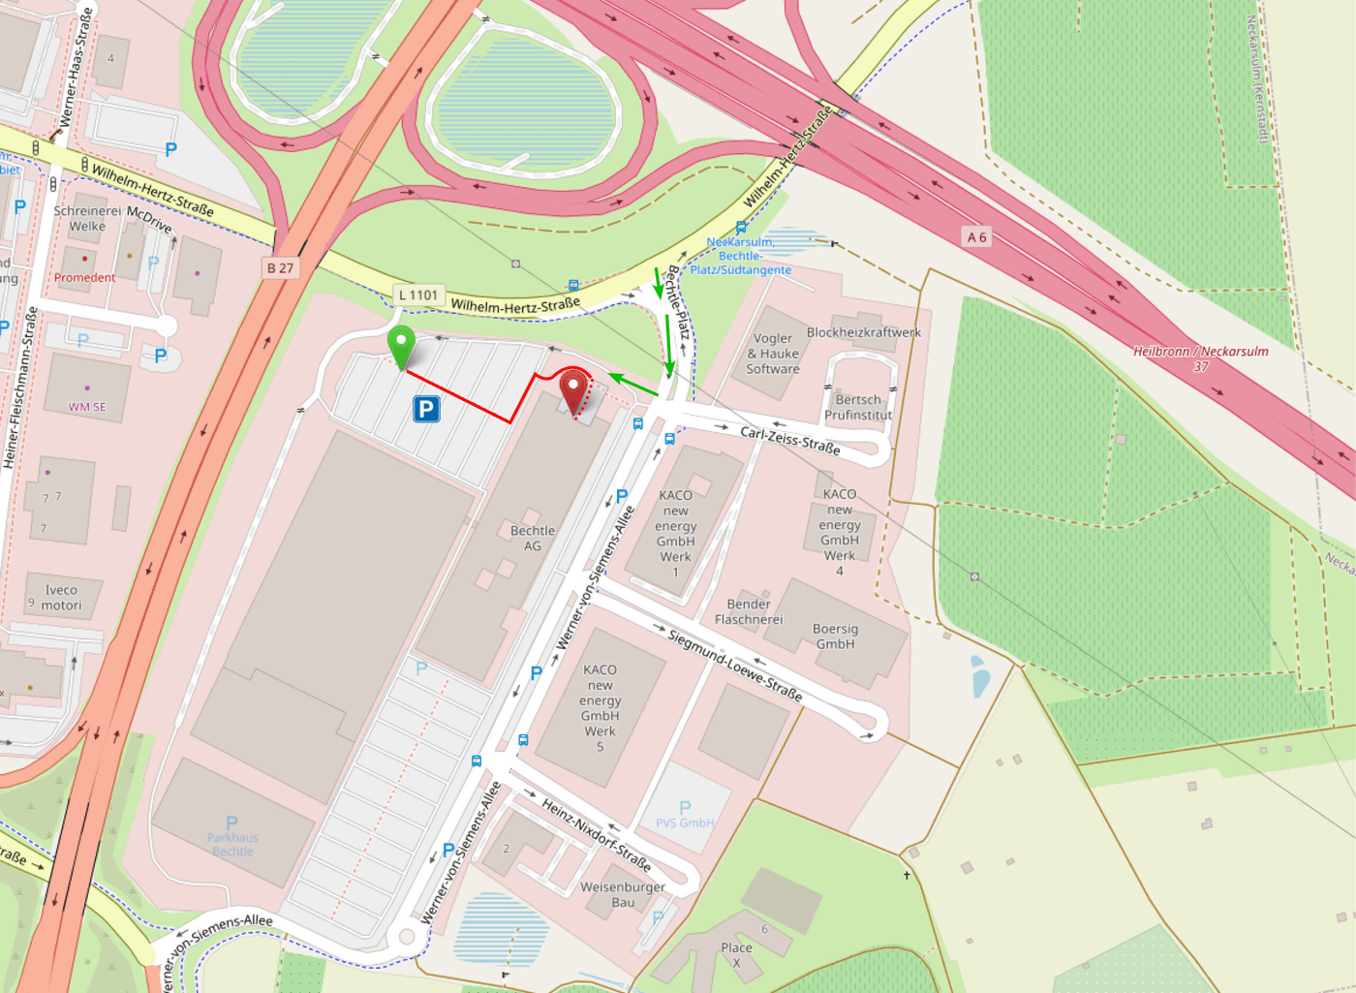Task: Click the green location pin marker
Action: [401, 344]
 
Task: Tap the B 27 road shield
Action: [280, 268]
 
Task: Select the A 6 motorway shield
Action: [976, 237]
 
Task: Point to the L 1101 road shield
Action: [417, 295]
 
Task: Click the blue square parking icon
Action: [426, 409]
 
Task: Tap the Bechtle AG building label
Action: [533, 539]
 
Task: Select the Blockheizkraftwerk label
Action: [864, 332]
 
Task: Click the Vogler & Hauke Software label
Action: [773, 354]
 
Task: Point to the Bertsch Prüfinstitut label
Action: [858, 407]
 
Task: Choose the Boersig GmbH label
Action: [835, 636]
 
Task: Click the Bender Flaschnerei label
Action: [749, 611]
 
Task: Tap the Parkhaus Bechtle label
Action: [232, 844]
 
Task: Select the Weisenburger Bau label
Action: [623, 894]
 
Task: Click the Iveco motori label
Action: [61, 598]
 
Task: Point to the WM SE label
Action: [87, 407]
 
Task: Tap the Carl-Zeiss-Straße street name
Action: [789, 440]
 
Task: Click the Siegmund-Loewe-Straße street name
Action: [735, 665]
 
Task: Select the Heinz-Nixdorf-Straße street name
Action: [595, 834]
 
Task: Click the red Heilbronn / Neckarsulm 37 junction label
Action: [1201, 358]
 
